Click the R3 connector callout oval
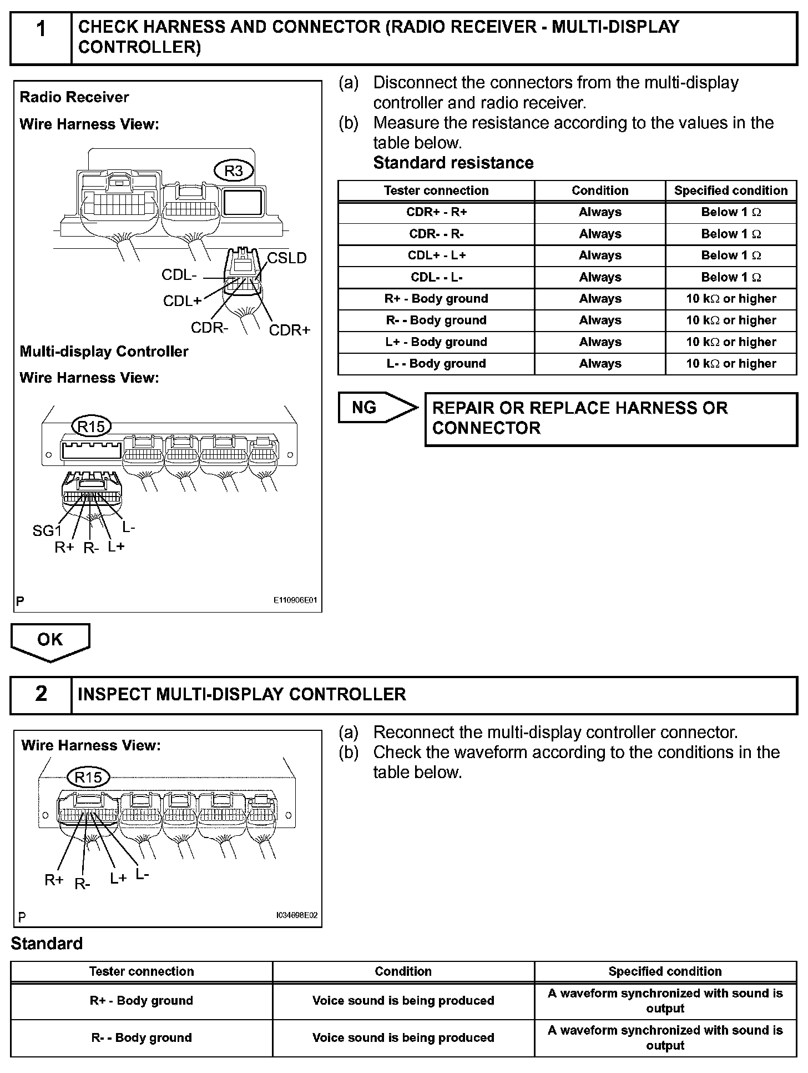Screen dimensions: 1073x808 pyautogui.click(x=234, y=171)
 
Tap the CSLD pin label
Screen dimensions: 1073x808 pyautogui.click(x=287, y=258)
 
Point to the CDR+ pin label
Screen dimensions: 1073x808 pyautogui.click(x=289, y=330)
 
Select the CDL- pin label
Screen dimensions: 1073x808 pyautogui.click(x=179, y=275)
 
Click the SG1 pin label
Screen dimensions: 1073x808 pyautogui.click(x=47, y=531)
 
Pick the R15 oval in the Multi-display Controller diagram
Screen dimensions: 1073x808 pyautogui.click(x=92, y=427)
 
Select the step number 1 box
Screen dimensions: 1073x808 pyautogui.click(x=41, y=37)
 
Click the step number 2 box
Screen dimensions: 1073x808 pyautogui.click(x=41, y=694)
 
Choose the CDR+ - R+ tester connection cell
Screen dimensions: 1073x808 pyautogui.click(x=436, y=212)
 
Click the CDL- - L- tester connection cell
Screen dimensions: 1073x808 pyautogui.click(x=436, y=277)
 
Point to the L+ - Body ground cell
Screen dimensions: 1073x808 pyautogui.click(x=436, y=342)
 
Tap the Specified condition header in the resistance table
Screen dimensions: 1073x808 pyautogui.click(x=730, y=190)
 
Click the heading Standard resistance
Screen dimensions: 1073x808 pyautogui.click(x=453, y=163)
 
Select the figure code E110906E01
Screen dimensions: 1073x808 pyautogui.click(x=295, y=600)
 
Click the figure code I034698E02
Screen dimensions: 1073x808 pyautogui.click(x=297, y=916)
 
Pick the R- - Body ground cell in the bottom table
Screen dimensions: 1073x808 pyautogui.click(x=142, y=1037)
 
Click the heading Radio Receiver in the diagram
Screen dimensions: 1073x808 pyautogui.click(x=74, y=97)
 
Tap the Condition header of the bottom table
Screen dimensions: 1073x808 pyautogui.click(x=403, y=971)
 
